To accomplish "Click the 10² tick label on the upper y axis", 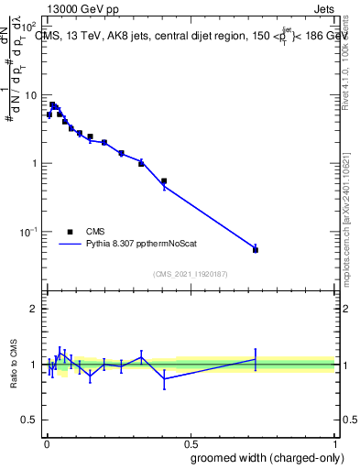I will (31, 28).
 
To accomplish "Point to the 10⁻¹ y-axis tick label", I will (31, 232).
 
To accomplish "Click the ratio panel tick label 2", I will (35, 309).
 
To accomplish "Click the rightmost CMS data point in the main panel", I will (256, 250).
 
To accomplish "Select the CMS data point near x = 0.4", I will (163, 181).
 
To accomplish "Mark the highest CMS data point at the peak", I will (52, 104).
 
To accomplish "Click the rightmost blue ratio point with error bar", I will (256, 358).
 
